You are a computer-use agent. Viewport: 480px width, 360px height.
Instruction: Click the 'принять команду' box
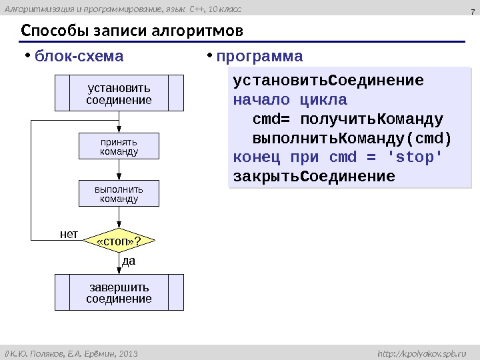[x=119, y=147]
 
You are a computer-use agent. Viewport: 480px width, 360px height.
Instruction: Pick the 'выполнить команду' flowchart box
[x=119, y=193]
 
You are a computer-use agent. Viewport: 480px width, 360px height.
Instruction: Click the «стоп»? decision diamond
[x=120, y=240]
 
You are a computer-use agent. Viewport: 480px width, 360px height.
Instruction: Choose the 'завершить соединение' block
[x=119, y=292]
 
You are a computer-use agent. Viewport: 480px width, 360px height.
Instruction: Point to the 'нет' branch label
[x=69, y=234]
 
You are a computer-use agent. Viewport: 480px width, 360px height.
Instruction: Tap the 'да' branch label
[x=129, y=261]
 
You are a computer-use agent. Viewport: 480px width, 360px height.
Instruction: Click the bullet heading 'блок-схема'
[x=79, y=56]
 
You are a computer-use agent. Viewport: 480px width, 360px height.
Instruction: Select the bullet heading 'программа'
[x=259, y=56]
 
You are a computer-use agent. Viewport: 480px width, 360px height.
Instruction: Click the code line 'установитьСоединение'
[x=328, y=81]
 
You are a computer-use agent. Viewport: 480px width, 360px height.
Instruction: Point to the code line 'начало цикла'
[x=290, y=101]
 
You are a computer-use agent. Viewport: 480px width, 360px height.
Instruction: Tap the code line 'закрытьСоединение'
[x=314, y=177]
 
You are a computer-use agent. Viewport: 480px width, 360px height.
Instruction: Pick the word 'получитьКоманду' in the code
[x=371, y=120]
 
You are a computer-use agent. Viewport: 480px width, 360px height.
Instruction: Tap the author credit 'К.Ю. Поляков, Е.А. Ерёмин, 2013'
[x=75, y=351]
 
